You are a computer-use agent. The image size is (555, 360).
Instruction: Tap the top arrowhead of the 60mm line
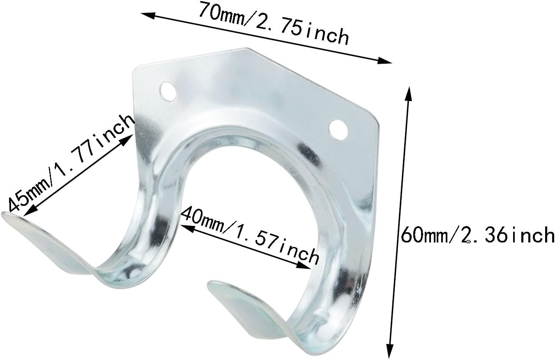click(408, 92)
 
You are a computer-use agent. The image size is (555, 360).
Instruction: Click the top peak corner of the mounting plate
click(249, 48)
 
